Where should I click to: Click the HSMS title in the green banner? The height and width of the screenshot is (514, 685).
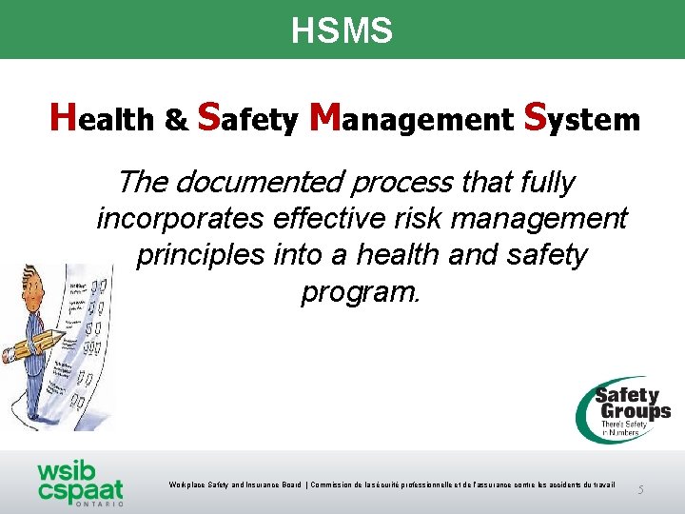click(342, 31)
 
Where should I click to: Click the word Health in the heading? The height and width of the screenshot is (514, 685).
click(102, 118)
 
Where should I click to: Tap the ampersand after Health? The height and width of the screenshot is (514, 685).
click(176, 121)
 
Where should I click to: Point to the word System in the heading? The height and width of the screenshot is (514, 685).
click(581, 118)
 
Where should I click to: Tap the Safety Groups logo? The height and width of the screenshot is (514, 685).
click(623, 409)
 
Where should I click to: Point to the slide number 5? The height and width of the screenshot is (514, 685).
click(640, 489)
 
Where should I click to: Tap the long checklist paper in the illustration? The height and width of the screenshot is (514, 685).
click(90, 352)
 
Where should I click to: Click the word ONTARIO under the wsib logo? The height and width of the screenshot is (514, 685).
click(96, 504)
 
